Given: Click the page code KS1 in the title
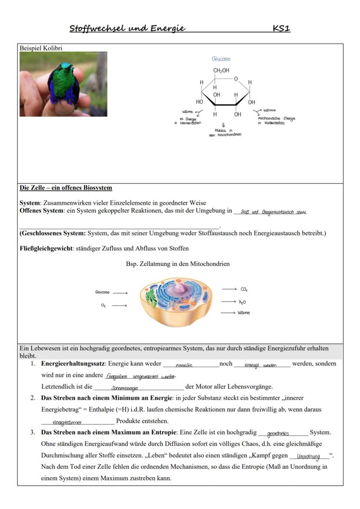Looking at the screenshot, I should [x=281, y=29].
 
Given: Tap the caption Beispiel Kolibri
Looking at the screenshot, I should [x=41, y=48].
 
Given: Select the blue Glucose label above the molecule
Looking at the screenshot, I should [x=221, y=59].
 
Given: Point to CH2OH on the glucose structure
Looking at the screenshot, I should [x=221, y=70].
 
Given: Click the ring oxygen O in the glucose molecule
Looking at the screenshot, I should [x=236, y=79].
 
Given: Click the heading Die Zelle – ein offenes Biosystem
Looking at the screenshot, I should [x=66, y=188].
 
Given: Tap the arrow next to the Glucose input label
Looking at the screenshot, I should [x=120, y=293].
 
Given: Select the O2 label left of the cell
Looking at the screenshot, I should [x=103, y=306].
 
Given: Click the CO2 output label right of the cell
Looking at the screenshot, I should [x=244, y=289].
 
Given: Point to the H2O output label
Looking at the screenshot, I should [x=242, y=302].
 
